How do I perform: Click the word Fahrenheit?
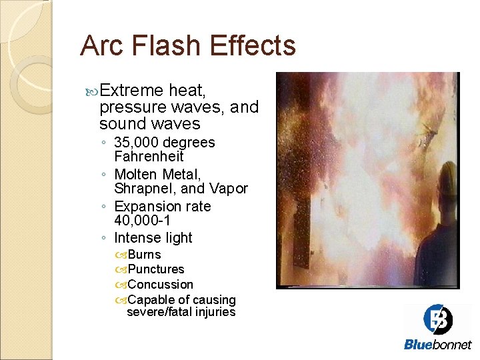click(149, 157)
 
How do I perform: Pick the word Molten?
click(137, 174)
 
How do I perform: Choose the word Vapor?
click(228, 189)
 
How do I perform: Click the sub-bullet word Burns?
click(143, 255)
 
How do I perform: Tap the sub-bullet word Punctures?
click(155, 269)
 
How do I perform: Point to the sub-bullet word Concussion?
click(160, 285)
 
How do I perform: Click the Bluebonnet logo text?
click(437, 345)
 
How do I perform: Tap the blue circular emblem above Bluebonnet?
click(438, 320)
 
